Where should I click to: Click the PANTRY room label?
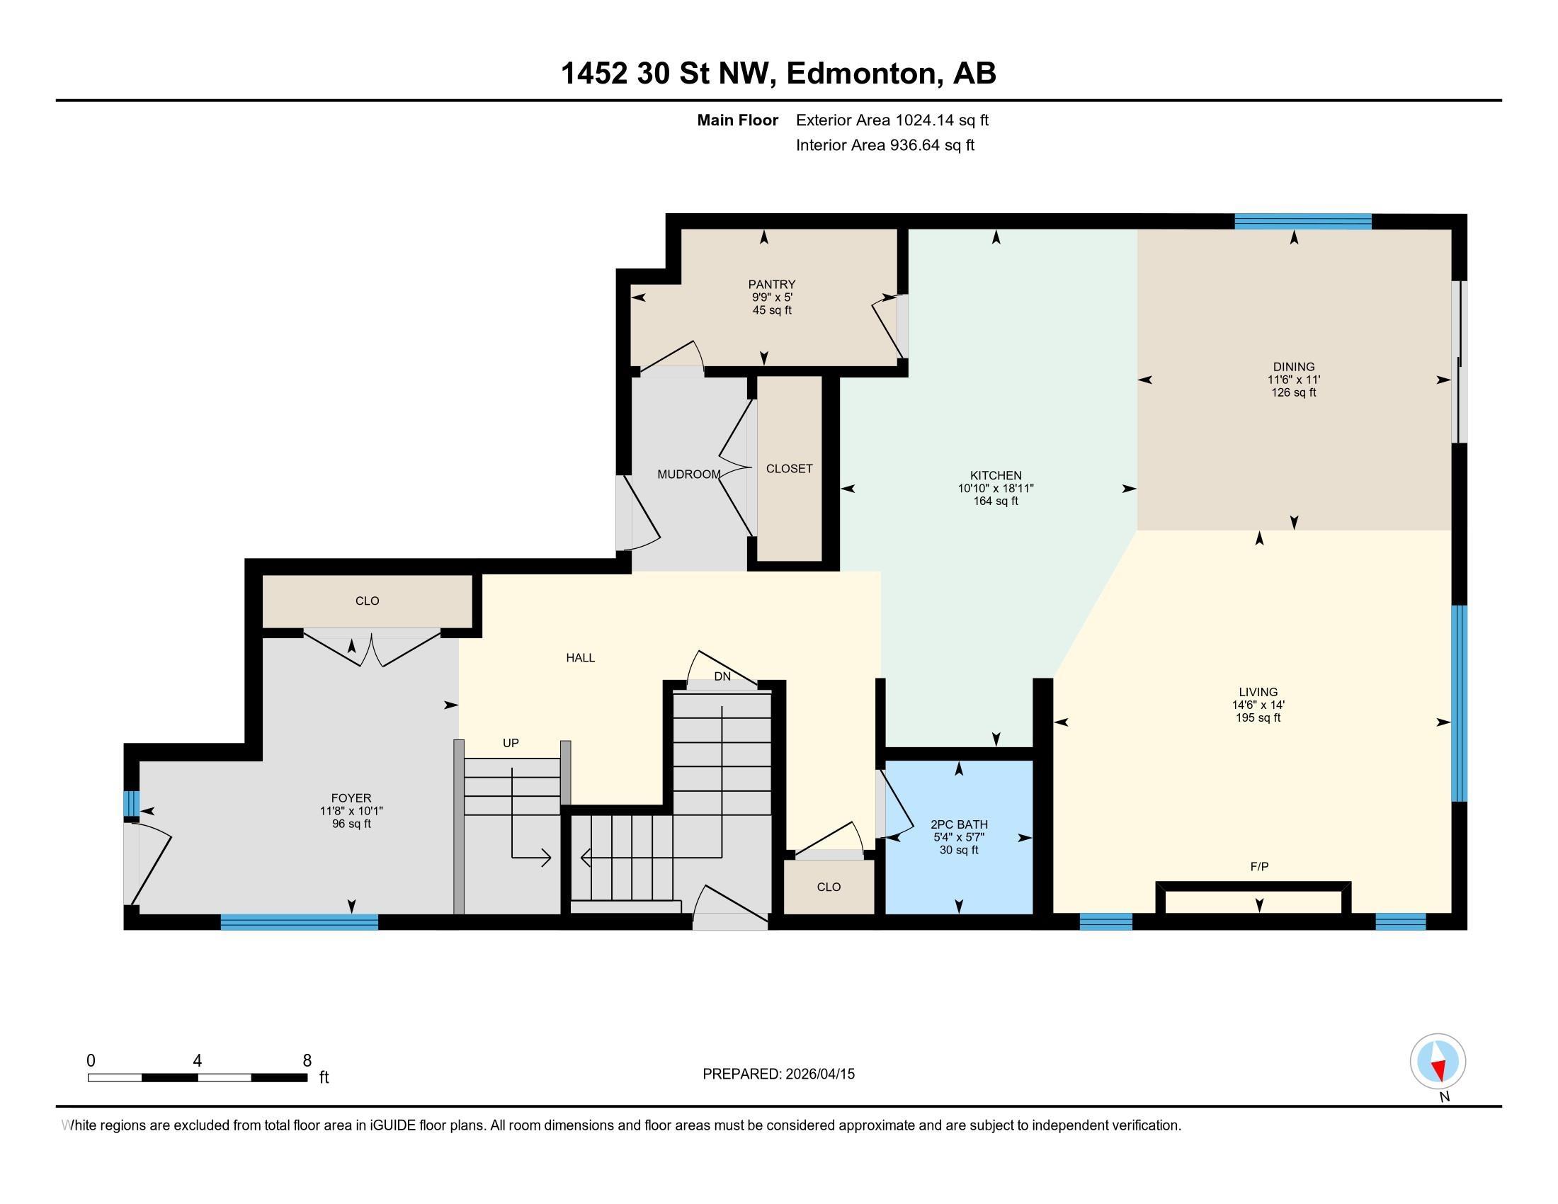pos(771,284)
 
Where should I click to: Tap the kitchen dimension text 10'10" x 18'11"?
pos(995,489)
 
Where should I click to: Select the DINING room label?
pos(1293,367)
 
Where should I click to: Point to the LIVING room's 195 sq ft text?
pos(1258,717)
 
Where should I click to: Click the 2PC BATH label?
pos(959,824)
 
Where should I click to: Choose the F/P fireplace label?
pos(1259,867)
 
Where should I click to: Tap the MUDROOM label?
pos(688,475)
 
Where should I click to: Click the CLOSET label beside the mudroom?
pos(789,469)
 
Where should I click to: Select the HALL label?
pos(580,658)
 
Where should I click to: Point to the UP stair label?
pos(510,742)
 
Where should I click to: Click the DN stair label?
pos(722,676)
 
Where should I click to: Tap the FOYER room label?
pos(351,798)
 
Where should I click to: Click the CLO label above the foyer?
pos(367,601)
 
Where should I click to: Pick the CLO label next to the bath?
pos(829,887)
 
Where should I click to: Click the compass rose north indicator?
pos(1438,1061)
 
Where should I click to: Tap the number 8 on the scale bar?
pos(307,1061)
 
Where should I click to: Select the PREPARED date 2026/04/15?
pos(819,1074)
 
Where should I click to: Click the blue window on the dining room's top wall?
pos(1302,221)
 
